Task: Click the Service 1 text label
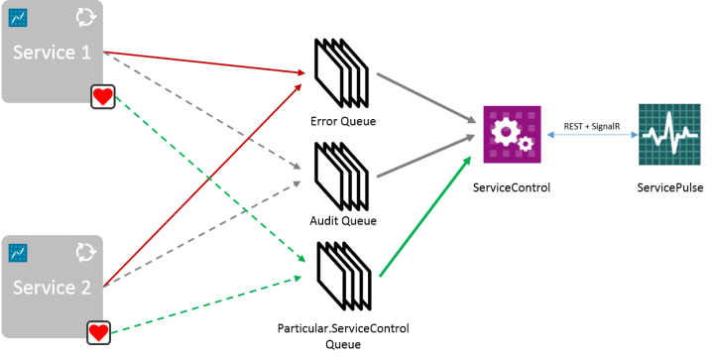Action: tap(51, 53)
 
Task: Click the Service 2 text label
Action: tap(51, 289)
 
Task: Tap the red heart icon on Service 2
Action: tap(97, 332)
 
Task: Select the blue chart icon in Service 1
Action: tap(17, 18)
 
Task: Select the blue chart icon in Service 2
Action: tap(17, 254)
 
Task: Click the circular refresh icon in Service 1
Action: tap(86, 18)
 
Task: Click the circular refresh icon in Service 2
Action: tap(85, 254)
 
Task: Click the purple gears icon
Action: tap(512, 133)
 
